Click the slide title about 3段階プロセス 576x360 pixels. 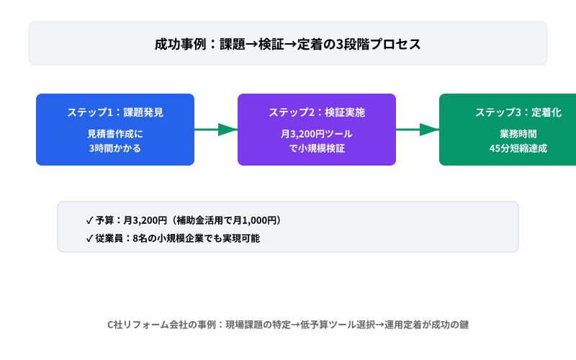pyautogui.click(x=287, y=43)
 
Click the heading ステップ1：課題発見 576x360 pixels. pyautogui.click(x=115, y=112)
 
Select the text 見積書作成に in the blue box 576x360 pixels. pyautogui.click(x=115, y=135)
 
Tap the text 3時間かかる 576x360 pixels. pyautogui.click(x=115, y=149)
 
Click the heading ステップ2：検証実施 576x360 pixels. pyautogui.click(x=317, y=112)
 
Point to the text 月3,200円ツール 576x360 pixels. pyautogui.click(x=317, y=135)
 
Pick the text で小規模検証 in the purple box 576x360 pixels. pyautogui.click(x=317, y=149)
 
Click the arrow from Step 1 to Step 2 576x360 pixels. pyautogui.click(x=216, y=130)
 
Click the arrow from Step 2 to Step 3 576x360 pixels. pyautogui.click(x=418, y=130)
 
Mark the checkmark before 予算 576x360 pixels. pyautogui.click(x=89, y=220)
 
